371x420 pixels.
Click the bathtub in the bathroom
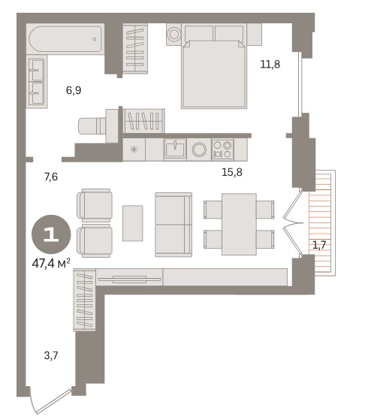pos(65,39)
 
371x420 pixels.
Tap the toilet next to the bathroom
pos(92,126)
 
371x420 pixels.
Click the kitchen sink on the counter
pos(175,150)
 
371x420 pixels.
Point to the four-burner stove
pos(222,150)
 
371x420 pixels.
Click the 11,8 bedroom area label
pos(270,65)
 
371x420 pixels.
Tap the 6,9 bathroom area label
pos(74,90)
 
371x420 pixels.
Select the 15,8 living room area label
pos(232,172)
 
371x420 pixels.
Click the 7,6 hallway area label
pos(51,177)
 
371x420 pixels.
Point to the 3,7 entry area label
pos(51,355)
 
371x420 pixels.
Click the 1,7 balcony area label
pos(319,245)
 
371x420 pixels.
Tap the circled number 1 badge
pos(51,234)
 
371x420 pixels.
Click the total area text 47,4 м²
pos(51,264)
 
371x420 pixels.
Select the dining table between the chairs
pos(239,224)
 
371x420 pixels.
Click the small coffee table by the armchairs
pos(132,223)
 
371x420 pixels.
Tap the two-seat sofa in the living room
pos(173,225)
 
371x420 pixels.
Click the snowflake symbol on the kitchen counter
pos(134,150)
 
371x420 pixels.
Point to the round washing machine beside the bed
pos(173,35)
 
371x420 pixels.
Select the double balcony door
pos(293,223)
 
